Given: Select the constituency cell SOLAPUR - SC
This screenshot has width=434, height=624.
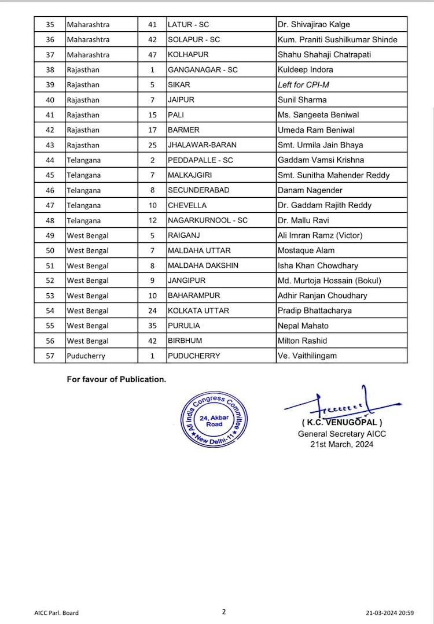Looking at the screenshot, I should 193,40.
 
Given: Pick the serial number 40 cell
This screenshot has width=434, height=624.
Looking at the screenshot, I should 49,100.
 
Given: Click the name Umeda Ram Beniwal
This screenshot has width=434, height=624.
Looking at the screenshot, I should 316,130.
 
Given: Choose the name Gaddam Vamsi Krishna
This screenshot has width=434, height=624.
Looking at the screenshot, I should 321,160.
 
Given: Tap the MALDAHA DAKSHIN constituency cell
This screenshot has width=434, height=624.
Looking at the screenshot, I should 203,265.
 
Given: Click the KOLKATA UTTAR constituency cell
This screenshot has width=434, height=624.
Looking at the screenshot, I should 198,311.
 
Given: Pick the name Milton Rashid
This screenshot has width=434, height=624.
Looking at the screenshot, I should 302,341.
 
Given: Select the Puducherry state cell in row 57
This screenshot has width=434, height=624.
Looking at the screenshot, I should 86,356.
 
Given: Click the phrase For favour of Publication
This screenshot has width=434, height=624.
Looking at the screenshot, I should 116,379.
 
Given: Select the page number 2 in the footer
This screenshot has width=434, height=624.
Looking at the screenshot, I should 223,611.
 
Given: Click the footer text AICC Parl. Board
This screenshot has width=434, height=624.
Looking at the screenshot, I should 56,612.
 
